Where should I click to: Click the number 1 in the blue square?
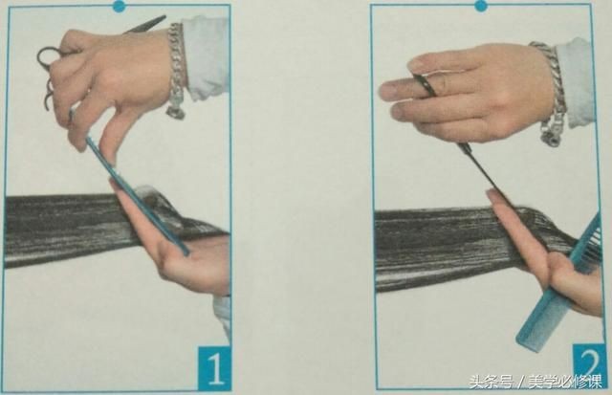(215, 369)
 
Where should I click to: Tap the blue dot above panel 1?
(119, 6)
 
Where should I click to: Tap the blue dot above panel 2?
(481, 6)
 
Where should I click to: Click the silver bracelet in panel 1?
(176, 70)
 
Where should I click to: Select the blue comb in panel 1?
(137, 195)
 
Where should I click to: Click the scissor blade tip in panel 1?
(164, 17)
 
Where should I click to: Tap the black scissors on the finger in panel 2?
(424, 84)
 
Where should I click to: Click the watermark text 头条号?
(491, 382)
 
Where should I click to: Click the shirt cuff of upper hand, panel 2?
(576, 82)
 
